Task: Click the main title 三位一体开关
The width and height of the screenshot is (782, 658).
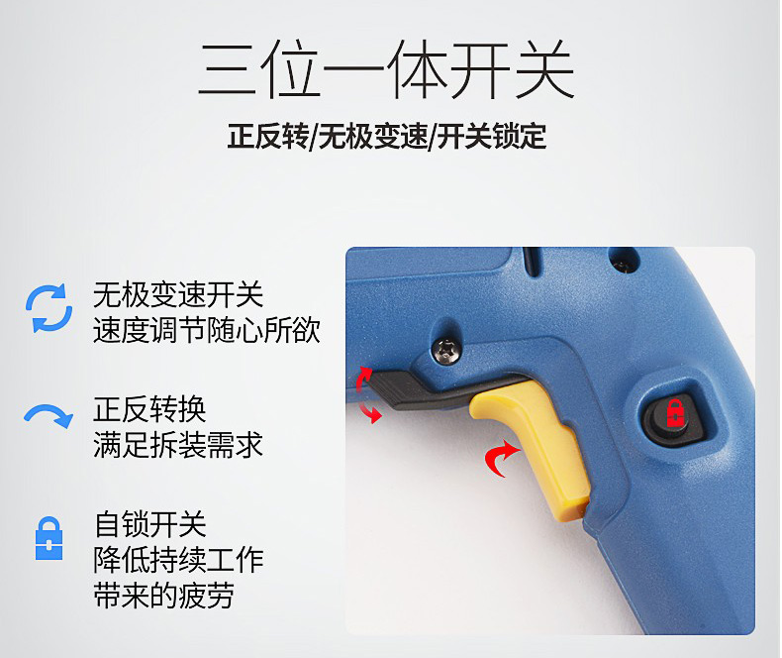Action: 387,69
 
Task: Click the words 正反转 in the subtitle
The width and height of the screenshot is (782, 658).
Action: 268,136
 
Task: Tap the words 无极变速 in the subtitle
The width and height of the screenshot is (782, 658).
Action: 372,136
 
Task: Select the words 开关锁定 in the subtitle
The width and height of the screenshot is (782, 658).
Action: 491,136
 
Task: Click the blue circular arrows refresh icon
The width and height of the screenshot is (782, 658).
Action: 49,308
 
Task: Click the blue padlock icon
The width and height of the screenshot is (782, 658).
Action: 49,538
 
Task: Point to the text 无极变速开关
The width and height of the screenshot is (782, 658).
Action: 178,294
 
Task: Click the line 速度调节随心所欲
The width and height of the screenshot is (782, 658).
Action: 207,330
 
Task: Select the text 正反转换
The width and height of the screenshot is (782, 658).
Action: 149,409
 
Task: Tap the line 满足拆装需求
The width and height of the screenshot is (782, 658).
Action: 178,445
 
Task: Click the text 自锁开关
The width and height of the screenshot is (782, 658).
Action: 149,524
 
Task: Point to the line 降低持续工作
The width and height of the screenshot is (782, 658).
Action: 178,560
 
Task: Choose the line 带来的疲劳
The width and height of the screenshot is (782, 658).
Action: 163,596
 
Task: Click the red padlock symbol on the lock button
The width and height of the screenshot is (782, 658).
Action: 675,413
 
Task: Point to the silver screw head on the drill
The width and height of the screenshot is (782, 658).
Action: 446,351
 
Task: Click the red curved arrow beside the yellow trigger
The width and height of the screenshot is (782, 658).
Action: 501,458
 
